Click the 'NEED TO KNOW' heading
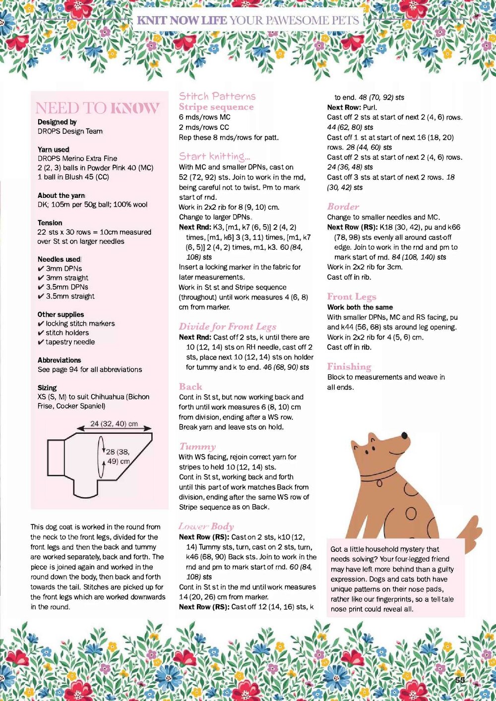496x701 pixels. pos(97,108)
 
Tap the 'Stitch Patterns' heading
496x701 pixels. pos(217,96)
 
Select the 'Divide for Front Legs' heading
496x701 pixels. pos(227,327)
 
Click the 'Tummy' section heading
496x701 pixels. pos(197,446)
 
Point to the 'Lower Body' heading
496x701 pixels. pos(206,526)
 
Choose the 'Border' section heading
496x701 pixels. pos(343,207)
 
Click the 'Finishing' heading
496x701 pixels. pos(349,367)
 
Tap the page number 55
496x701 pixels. pos(460,680)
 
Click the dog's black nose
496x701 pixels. pos(404,436)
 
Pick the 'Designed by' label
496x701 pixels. pos(57,122)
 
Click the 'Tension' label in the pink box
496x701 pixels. pos(50,223)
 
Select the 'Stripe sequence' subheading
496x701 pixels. pos(216,107)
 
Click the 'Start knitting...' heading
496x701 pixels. pos(214,157)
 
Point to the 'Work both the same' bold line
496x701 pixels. pos(360,307)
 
